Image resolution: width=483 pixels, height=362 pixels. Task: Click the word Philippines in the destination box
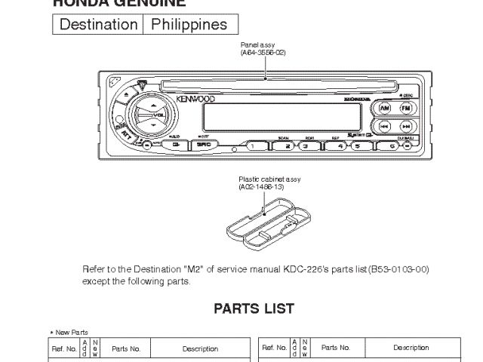[x=189, y=25]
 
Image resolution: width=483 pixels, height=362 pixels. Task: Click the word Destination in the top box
[x=98, y=25]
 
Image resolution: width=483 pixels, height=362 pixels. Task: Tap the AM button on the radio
[x=385, y=107]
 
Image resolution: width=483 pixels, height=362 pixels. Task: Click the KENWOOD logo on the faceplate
[x=195, y=98]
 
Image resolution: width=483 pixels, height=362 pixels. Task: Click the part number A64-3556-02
[x=263, y=53]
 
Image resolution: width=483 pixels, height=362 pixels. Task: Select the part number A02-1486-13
[x=261, y=186]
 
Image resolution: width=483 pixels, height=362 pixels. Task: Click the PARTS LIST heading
[x=254, y=308]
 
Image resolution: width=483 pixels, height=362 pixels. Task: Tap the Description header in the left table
[x=200, y=348]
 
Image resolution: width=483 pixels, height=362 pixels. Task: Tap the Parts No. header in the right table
[x=335, y=348]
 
